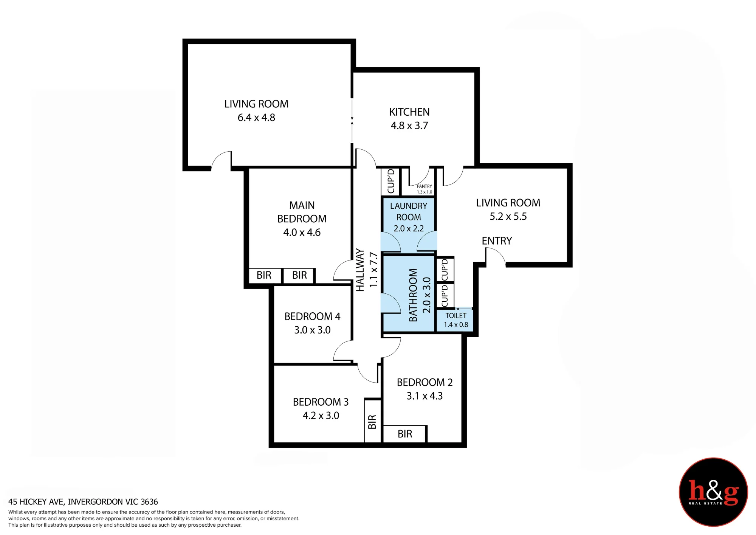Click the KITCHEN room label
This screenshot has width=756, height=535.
[409, 112]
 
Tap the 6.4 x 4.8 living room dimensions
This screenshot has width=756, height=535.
[256, 118]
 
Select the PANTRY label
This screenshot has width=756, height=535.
[424, 186]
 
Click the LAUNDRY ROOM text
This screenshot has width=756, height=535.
[409, 211]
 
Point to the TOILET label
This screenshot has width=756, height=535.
[456, 315]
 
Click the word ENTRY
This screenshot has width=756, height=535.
[497, 241]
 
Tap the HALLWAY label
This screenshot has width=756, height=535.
[360, 270]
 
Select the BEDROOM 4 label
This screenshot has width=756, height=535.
[312, 316]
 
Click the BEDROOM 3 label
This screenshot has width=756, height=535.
[321, 402]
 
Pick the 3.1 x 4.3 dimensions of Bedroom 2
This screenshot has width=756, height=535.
[424, 396]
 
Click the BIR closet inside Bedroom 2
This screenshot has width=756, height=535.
[405, 434]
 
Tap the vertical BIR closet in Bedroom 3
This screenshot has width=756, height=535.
[372, 421]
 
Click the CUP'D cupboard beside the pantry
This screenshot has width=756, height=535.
[391, 181]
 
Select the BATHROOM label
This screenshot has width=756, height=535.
[413, 295]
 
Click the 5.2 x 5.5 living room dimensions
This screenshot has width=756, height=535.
[508, 217]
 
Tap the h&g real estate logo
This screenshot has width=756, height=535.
[713, 492]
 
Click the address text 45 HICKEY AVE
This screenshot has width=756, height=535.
[37, 502]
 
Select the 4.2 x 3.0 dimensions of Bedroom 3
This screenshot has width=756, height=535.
[321, 416]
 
